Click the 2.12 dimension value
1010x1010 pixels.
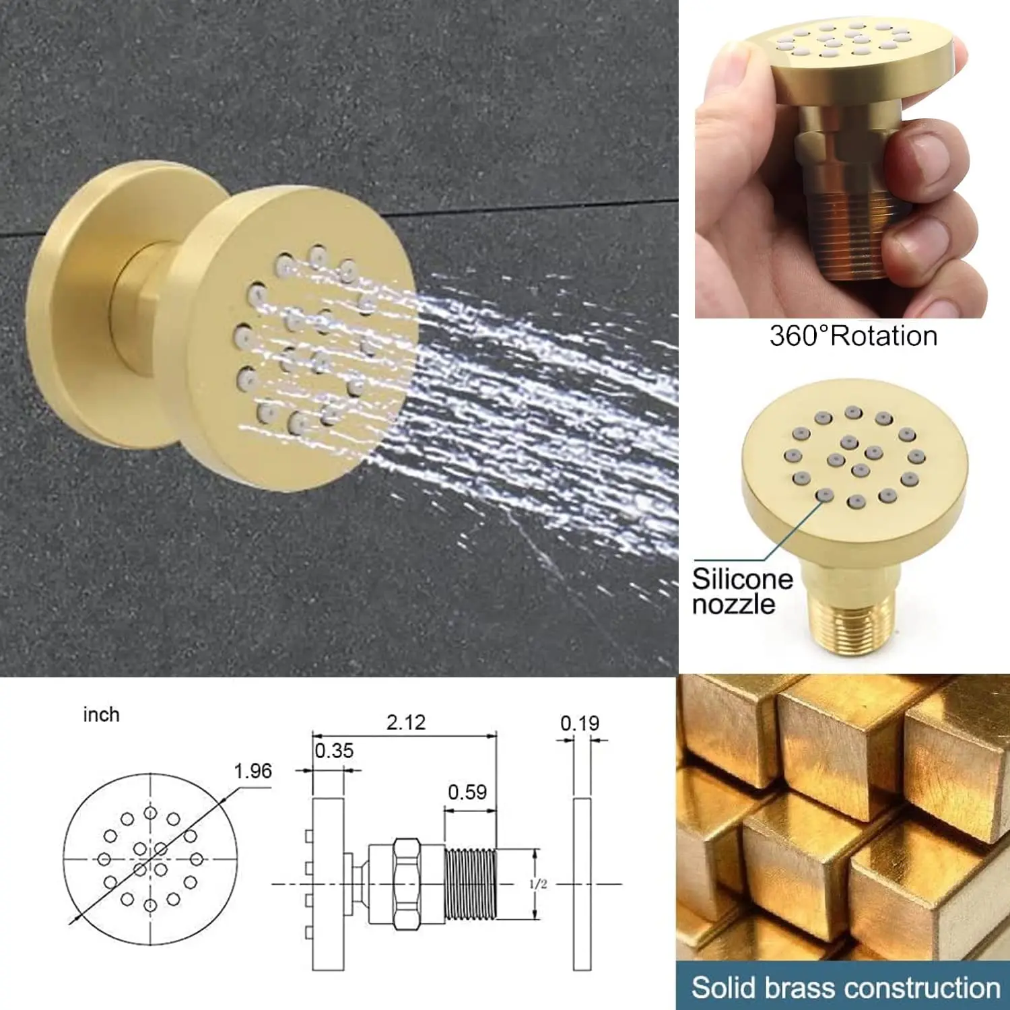406,722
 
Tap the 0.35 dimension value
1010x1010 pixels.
334,751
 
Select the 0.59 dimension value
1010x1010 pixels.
467,792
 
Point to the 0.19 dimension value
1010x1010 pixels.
580,723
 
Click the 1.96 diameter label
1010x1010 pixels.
252,771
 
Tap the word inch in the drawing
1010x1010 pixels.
101,714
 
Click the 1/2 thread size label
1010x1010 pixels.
538,884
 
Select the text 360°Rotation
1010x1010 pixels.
853,336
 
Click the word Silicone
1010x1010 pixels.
742,579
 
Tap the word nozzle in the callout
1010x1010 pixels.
733,604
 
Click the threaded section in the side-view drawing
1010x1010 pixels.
470,884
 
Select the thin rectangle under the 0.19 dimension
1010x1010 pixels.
582,884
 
